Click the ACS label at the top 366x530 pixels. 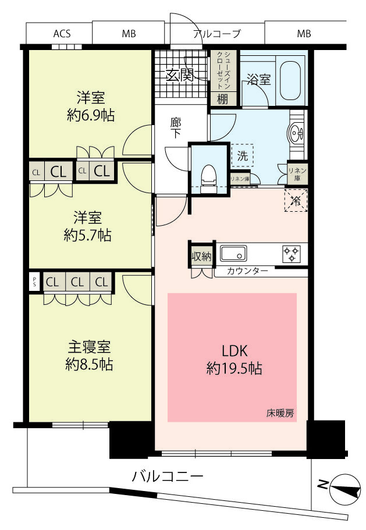[62, 34]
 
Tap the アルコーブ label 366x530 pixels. [217, 34]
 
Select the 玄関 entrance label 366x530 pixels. [180, 76]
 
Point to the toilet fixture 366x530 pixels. [208, 178]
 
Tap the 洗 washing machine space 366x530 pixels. [242, 156]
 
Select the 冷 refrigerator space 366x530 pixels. [296, 201]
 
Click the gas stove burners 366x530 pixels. [292, 254]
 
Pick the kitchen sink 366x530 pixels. [233, 253]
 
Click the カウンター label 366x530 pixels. [247, 271]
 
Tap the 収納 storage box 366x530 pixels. [201, 256]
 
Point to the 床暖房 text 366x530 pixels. [280, 412]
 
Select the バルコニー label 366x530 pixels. [167, 476]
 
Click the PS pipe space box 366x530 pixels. [34, 282]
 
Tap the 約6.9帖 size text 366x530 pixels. [91, 116]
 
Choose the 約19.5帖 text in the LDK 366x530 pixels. [234, 368]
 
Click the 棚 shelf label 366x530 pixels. [222, 99]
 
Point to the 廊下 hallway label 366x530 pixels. [175, 128]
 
